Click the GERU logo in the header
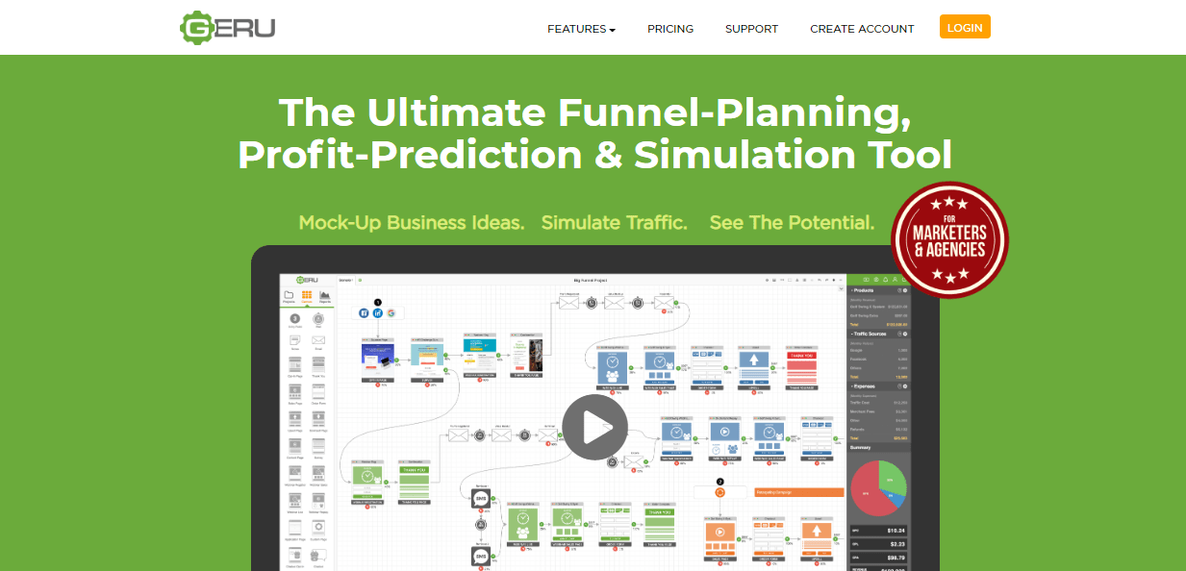[228, 27]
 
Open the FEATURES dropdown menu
[581, 29]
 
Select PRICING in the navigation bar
[670, 29]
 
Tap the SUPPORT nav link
[751, 29]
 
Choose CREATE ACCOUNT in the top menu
[862, 29]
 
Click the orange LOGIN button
[965, 28]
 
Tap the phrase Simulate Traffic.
[614, 223]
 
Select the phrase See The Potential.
[792, 223]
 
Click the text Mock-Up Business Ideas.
[411, 223]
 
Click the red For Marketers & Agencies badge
[949, 239]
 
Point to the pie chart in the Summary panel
[877, 486]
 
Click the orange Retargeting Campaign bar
[799, 492]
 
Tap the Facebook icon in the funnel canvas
[364, 312]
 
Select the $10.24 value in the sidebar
[896, 531]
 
